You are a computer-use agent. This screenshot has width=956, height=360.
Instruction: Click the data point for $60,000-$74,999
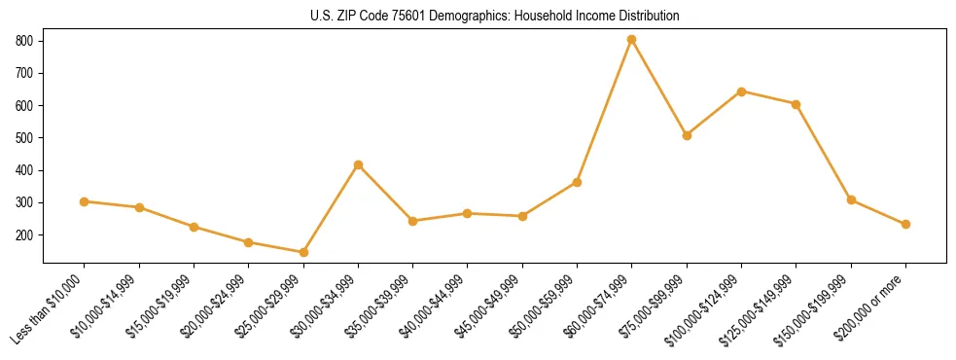pyautogui.click(x=632, y=40)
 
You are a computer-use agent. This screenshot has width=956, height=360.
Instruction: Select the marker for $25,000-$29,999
pyautogui.click(x=303, y=252)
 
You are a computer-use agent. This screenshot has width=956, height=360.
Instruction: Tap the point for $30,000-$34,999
pyautogui.click(x=358, y=165)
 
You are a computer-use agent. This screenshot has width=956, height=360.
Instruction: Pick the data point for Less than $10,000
pyautogui.click(x=85, y=201)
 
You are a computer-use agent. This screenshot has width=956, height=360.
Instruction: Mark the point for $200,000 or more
pyautogui.click(x=905, y=224)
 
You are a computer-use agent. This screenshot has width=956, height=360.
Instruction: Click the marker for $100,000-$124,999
pyautogui.click(x=741, y=91)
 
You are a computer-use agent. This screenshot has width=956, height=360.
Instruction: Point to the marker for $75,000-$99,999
pyautogui.click(x=687, y=135)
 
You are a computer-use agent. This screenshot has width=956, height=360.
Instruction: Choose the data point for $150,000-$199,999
pyautogui.click(x=851, y=200)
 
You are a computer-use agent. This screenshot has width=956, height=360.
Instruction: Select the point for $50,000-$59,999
pyautogui.click(x=577, y=182)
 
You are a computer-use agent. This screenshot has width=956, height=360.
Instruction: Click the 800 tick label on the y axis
pyautogui.click(x=25, y=41)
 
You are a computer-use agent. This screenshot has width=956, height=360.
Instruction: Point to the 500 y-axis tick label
pyautogui.click(x=25, y=138)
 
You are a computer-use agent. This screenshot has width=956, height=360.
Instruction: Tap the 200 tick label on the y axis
pyautogui.click(x=25, y=235)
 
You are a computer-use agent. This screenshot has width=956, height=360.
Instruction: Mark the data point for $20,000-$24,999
pyautogui.click(x=249, y=242)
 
